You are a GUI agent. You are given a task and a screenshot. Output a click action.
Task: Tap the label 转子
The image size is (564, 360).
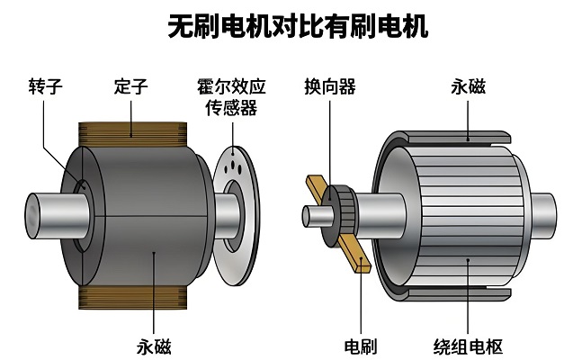click(44, 87)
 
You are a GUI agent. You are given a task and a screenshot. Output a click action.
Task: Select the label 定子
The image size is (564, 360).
click(130, 87)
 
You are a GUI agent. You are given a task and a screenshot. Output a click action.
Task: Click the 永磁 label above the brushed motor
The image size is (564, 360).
click(469, 87)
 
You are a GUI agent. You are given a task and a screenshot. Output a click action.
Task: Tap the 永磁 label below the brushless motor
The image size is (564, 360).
click(154, 346)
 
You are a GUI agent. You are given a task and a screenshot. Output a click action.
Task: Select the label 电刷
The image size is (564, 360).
click(361, 346)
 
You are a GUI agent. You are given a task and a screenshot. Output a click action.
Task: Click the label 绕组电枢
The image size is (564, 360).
click(469, 346)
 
